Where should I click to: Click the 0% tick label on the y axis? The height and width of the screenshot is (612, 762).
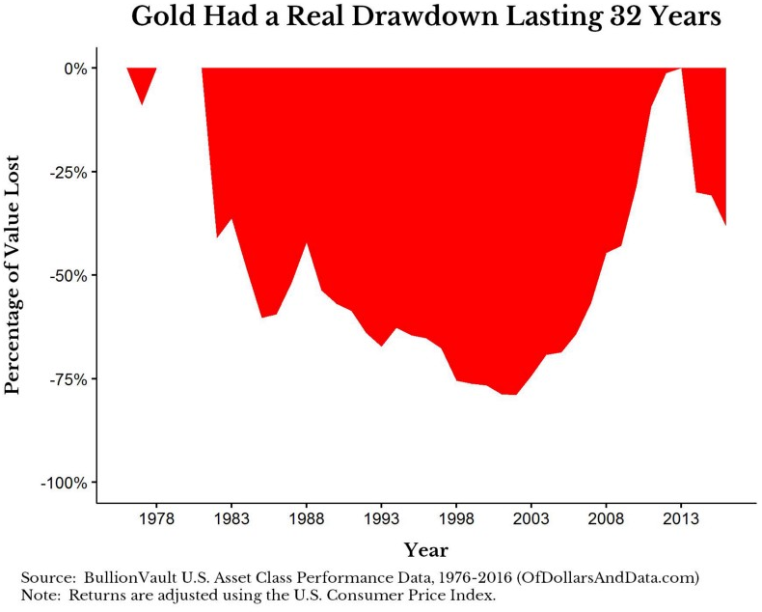pos(75,69)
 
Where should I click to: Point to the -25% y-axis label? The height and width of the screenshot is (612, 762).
pos(68,172)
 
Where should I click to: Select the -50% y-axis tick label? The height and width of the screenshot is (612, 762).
pos(68,275)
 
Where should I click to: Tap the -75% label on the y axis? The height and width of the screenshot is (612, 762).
pos(68,378)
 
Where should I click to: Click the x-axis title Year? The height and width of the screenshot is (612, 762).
pos(425,550)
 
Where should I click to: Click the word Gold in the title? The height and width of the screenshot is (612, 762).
pos(160,17)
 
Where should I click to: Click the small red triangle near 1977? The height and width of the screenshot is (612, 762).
pos(143,80)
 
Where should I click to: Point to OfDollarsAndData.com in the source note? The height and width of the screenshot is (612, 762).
pos(609,576)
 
